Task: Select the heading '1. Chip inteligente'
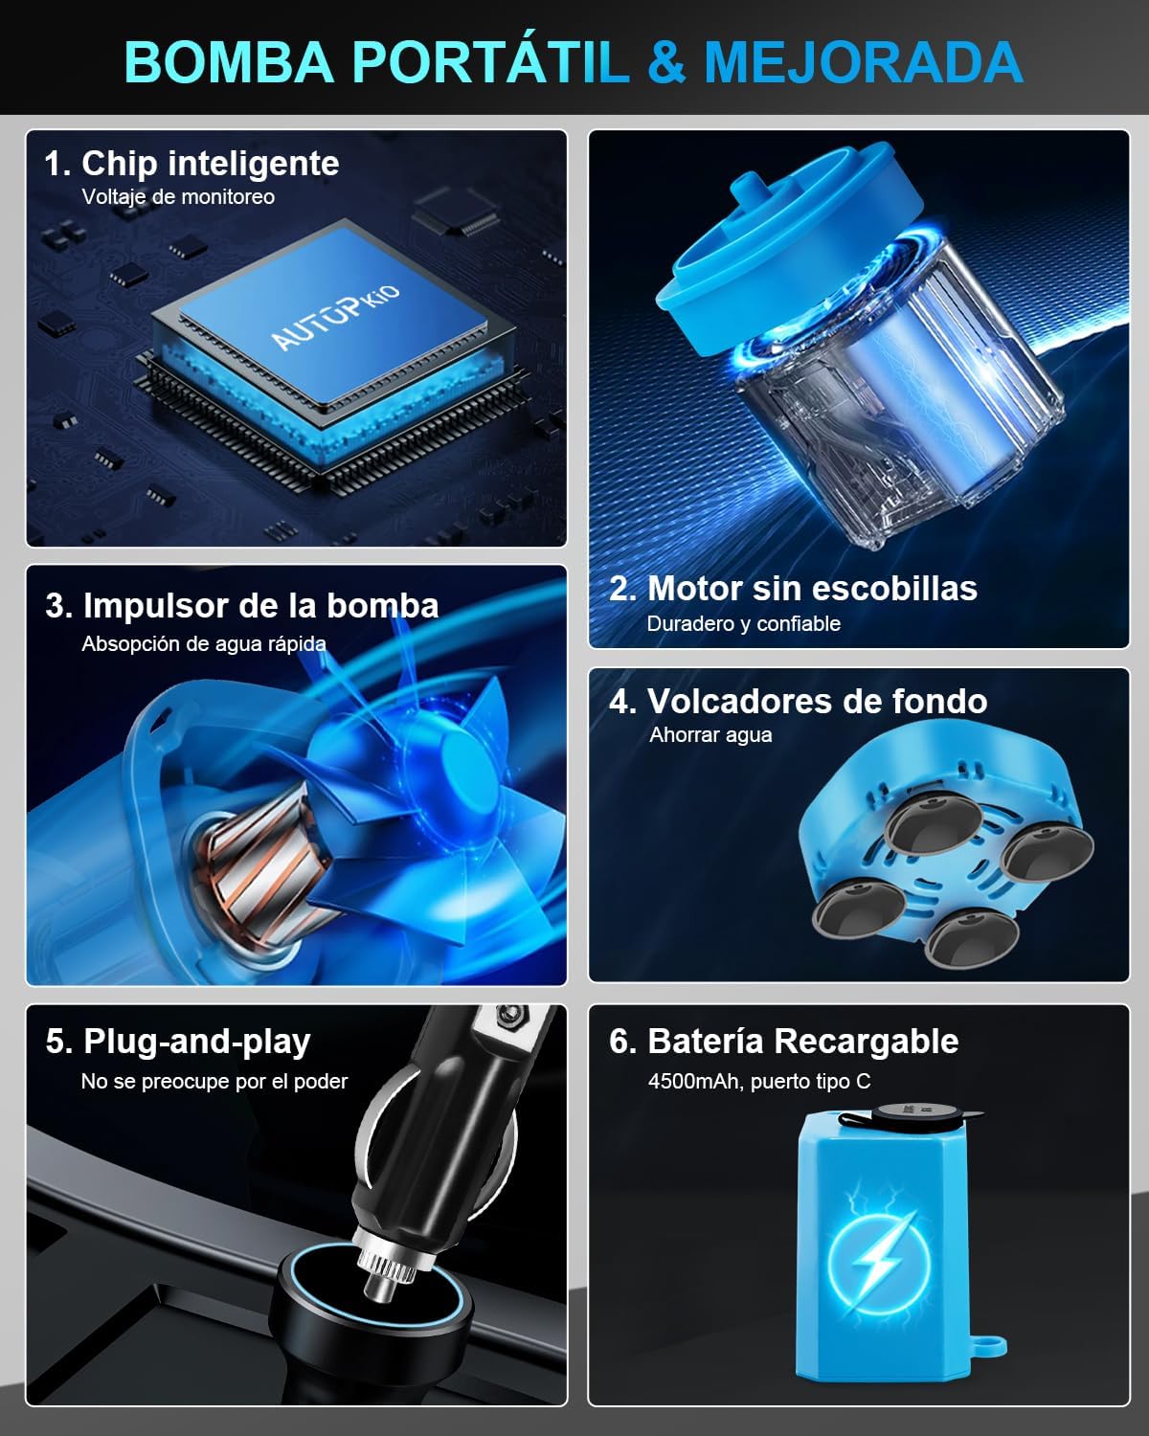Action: (x=191, y=163)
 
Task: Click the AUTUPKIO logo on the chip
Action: (x=334, y=317)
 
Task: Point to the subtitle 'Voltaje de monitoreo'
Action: (x=178, y=197)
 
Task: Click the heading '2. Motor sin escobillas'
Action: (x=793, y=588)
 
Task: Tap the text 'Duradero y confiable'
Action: (x=743, y=624)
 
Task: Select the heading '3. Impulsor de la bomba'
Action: (x=241, y=606)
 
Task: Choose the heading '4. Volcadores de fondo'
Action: (x=798, y=702)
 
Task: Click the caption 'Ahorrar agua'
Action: (x=710, y=735)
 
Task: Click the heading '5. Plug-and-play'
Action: (x=178, y=1042)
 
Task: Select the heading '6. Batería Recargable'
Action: (x=783, y=1042)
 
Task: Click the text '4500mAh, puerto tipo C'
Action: (x=758, y=1082)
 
